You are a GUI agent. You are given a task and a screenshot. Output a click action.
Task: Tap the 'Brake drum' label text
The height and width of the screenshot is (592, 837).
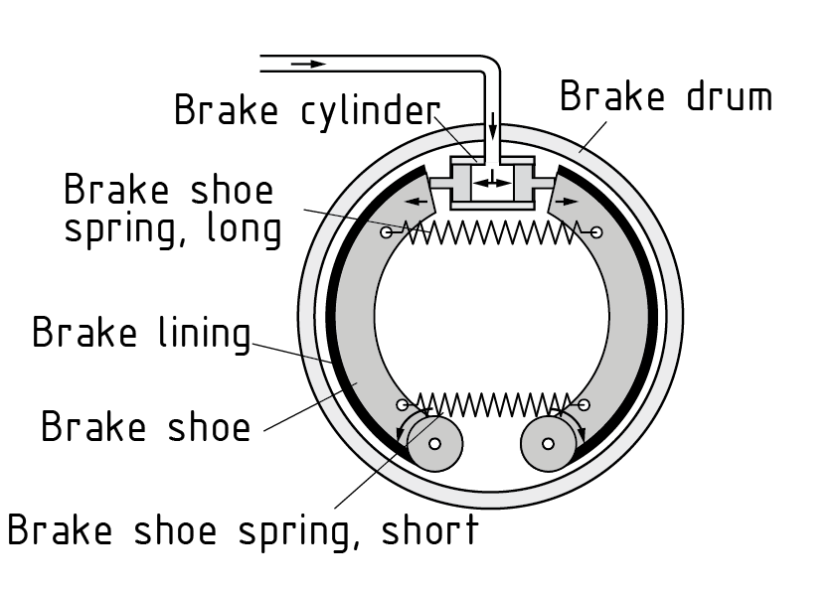(665, 97)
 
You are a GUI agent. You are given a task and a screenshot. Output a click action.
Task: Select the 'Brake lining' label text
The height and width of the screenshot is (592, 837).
(141, 332)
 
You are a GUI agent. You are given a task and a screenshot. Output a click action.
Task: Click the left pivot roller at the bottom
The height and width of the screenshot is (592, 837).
(434, 442)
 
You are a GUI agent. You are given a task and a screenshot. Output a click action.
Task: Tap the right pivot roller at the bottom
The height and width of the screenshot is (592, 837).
(547, 442)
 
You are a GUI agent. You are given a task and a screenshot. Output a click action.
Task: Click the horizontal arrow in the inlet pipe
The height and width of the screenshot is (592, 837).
(309, 64)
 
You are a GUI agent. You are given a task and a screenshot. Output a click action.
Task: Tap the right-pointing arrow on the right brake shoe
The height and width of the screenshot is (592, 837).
(567, 201)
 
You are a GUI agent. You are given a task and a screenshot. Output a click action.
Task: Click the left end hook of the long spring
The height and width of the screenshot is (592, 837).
(386, 232)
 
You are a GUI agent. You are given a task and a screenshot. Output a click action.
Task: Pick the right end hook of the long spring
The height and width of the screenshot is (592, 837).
(595, 232)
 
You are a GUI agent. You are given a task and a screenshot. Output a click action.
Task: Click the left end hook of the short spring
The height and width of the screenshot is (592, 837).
(402, 404)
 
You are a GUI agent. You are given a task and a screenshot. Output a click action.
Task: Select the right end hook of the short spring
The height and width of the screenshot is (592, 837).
(584, 404)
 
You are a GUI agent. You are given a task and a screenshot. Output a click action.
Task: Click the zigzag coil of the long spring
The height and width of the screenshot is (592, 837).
(490, 232)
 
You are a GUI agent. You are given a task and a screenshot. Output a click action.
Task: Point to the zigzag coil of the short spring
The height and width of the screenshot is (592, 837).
(492, 404)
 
